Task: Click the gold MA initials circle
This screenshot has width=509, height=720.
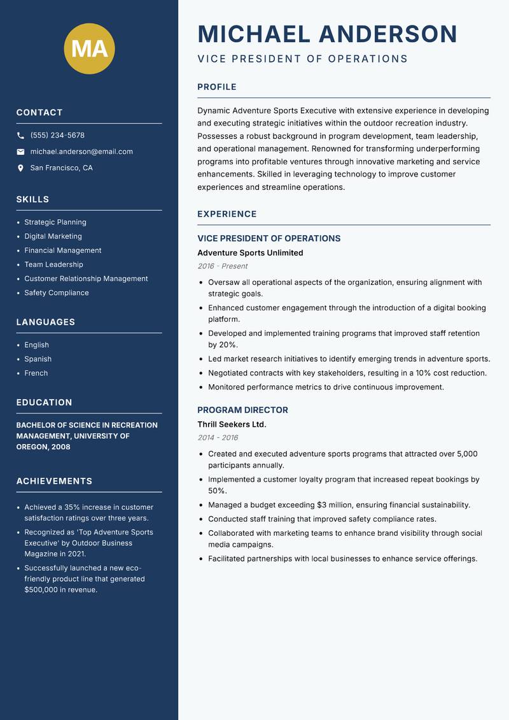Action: [x=89, y=48]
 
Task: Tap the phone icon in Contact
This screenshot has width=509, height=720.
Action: [x=20, y=136]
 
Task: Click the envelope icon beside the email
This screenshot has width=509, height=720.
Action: [x=20, y=152]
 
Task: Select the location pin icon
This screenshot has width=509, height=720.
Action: [x=20, y=168]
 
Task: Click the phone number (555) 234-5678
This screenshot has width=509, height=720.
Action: [x=57, y=136]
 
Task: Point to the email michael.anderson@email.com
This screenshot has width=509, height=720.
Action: [x=81, y=152]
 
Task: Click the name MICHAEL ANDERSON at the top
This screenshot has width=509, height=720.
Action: [x=327, y=34]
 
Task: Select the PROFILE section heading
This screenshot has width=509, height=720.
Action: [x=216, y=87]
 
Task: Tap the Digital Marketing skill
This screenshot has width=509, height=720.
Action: [x=53, y=236]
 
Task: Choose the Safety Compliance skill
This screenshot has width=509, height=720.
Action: [x=56, y=293]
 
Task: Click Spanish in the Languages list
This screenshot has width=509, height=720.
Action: [x=38, y=359]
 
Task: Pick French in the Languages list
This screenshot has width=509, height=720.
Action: [x=36, y=373]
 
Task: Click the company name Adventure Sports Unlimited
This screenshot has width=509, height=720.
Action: [x=250, y=253]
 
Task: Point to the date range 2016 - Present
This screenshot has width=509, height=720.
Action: [x=222, y=266]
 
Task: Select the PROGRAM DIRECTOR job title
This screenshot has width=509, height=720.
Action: [x=242, y=410]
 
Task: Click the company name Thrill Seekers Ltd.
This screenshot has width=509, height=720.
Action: [x=232, y=424]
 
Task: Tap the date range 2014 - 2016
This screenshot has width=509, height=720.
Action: [x=218, y=438]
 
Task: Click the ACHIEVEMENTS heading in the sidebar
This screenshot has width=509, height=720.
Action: [x=54, y=481]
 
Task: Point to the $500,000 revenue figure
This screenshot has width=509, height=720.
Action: [x=44, y=590]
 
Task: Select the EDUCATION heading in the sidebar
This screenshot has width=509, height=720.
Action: [x=44, y=403]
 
